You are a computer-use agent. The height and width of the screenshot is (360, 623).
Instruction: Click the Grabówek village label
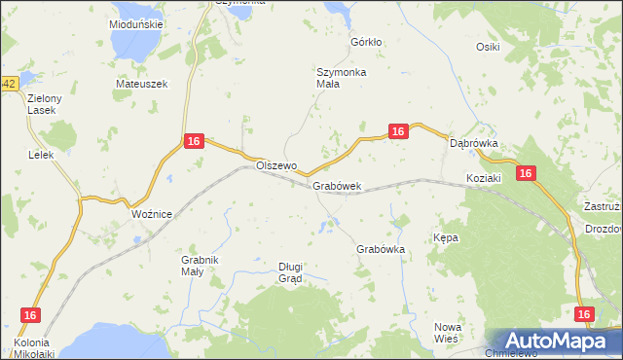[x=337, y=186]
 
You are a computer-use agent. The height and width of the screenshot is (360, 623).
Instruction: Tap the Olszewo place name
[x=275, y=165]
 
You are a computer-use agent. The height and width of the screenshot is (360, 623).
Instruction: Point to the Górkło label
[x=366, y=43]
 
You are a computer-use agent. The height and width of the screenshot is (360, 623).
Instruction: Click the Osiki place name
[x=488, y=47]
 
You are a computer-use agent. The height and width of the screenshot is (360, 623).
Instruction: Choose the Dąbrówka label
[x=474, y=143]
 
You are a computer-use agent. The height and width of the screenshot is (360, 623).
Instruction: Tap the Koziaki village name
[x=483, y=179]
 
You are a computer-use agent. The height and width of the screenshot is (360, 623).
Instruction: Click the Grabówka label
[x=381, y=249]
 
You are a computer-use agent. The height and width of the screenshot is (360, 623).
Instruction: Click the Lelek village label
[x=40, y=155]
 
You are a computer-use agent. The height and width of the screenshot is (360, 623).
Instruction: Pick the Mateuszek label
[x=142, y=84]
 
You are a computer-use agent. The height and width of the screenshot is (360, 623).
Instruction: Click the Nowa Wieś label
[x=447, y=333]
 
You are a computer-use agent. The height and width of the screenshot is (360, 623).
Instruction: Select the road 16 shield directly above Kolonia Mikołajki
[x=30, y=315]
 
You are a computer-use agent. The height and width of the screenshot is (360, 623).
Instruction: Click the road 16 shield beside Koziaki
[x=526, y=173]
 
